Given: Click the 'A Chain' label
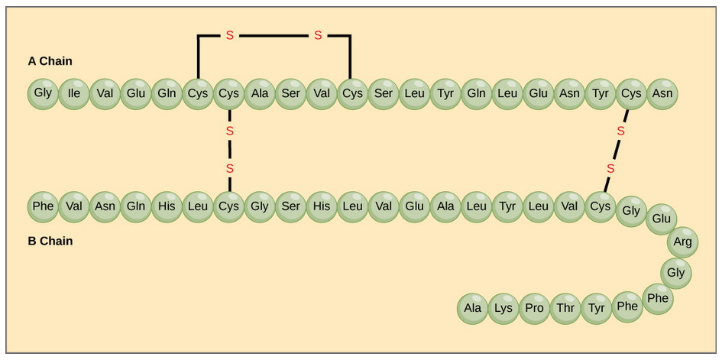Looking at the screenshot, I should pyautogui.click(x=50, y=61).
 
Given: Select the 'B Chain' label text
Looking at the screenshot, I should pyautogui.click(x=50, y=241).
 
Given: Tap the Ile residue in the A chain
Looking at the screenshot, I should pyautogui.click(x=74, y=94).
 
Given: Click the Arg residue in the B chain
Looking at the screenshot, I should pyautogui.click(x=682, y=242).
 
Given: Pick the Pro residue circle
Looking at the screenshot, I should pyautogui.click(x=534, y=308).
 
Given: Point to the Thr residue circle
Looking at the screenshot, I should pyautogui.click(x=565, y=308).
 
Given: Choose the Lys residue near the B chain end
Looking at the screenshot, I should pyautogui.click(x=503, y=308).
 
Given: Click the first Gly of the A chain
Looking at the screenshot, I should pyautogui.click(x=43, y=94).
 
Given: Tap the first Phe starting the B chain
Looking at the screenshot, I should pyautogui.click(x=43, y=206).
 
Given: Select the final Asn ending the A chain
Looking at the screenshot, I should pyautogui.click(x=662, y=94).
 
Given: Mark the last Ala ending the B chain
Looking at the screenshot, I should pyautogui.click(x=473, y=308).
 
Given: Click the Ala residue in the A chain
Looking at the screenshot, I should pyautogui.click(x=260, y=94).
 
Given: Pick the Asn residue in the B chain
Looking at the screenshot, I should pyautogui.click(x=105, y=206).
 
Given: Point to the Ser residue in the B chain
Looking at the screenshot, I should pyautogui.click(x=290, y=206).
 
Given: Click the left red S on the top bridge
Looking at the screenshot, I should pyautogui.click(x=229, y=35).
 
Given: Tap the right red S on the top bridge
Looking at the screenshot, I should pyautogui.click(x=318, y=35).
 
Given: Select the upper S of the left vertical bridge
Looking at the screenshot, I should pyautogui.click(x=229, y=131).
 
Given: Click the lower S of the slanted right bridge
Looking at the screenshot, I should pyautogui.click(x=610, y=168).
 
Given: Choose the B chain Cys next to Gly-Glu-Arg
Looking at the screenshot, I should pyautogui.click(x=600, y=206).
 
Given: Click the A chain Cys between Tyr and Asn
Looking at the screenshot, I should pyautogui.click(x=631, y=94).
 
